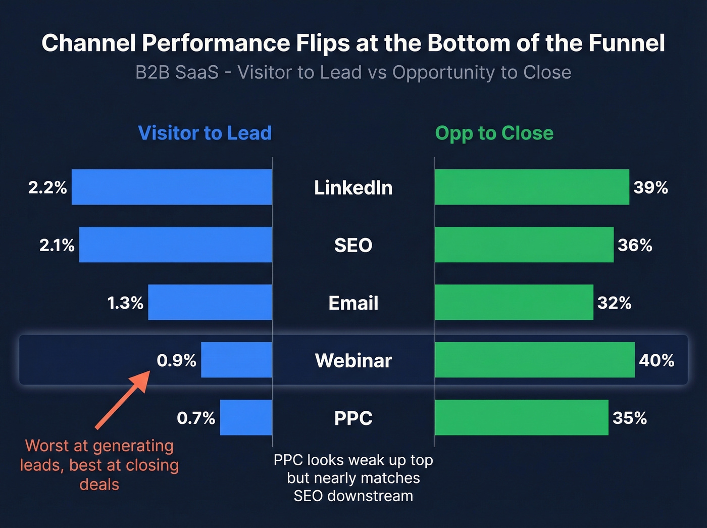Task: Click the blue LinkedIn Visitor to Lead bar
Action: (x=172, y=187)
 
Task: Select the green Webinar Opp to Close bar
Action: (x=534, y=360)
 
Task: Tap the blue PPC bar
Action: (x=246, y=417)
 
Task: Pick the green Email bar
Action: (x=514, y=302)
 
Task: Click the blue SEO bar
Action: (x=175, y=245)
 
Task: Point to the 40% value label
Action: (x=656, y=360)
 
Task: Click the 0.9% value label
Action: (x=176, y=360)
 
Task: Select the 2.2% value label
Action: (x=47, y=187)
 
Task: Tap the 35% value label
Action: (x=629, y=418)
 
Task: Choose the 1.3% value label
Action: (x=125, y=303)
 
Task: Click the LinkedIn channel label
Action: (x=353, y=187)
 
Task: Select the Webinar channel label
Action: (x=353, y=360)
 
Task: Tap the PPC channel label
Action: (x=353, y=418)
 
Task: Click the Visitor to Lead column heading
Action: (x=205, y=133)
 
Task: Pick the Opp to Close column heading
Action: (x=494, y=133)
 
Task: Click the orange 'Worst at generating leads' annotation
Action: (x=99, y=465)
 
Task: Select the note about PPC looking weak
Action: (x=353, y=478)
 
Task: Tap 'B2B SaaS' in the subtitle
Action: (x=177, y=72)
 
